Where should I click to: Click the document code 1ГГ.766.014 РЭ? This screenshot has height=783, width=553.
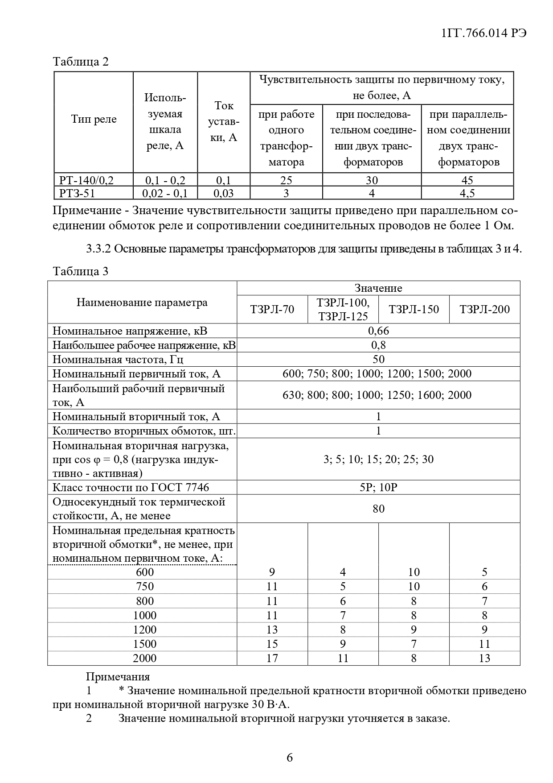click(x=483, y=33)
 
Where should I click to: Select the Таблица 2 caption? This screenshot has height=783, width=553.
click(x=81, y=62)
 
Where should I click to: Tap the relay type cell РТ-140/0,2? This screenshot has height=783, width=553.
click(x=86, y=180)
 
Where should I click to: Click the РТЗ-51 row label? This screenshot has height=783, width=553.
click(x=77, y=193)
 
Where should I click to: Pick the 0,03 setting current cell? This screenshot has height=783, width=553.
click(x=223, y=193)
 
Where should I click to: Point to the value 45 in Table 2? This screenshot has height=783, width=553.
click(x=467, y=180)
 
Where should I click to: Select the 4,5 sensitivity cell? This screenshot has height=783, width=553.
click(x=467, y=193)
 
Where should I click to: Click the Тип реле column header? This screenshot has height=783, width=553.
click(x=94, y=120)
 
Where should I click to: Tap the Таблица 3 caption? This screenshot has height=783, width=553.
click(x=81, y=271)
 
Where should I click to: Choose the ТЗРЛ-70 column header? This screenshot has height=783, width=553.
click(x=272, y=310)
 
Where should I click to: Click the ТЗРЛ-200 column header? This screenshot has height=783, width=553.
click(x=484, y=310)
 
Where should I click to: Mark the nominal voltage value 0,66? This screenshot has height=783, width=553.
click(x=378, y=331)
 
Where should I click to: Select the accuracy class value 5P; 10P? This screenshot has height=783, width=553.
click(x=378, y=487)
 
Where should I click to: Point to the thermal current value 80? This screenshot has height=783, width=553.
click(x=378, y=509)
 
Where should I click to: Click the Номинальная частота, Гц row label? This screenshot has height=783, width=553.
click(x=118, y=359)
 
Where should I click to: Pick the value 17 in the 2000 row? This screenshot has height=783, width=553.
click(x=272, y=658)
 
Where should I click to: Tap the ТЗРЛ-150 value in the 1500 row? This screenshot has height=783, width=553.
click(x=414, y=644)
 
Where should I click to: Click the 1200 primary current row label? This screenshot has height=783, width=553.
click(x=145, y=630)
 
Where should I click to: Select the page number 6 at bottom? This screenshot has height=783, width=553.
click(x=290, y=758)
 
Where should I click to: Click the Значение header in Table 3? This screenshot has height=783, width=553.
click(x=378, y=288)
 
